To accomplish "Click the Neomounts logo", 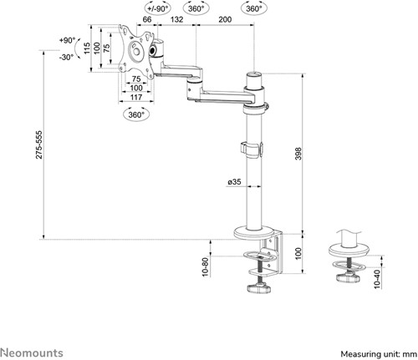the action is [32, 353].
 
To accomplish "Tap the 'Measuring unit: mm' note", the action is [379, 354].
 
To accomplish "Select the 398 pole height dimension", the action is [298, 154].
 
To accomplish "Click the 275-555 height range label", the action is [39, 145].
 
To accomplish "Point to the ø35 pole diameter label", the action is [234, 182].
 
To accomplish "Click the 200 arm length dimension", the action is [225, 19].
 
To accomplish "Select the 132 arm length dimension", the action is [176, 19].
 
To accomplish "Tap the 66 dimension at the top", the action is [147, 19].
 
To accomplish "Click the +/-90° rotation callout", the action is [158, 8].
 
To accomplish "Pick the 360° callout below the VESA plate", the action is [136, 114].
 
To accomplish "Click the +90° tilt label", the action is [67, 41].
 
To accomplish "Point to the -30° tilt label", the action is [66, 58].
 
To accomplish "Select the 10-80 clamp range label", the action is [205, 267].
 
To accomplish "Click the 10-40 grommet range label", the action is [377, 279].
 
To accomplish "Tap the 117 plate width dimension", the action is [136, 97].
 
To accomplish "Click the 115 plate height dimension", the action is [87, 48].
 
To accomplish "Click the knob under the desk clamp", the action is [259, 287].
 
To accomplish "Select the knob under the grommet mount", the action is [349, 277].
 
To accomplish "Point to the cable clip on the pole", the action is [252, 150].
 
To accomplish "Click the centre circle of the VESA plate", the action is [137, 52].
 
